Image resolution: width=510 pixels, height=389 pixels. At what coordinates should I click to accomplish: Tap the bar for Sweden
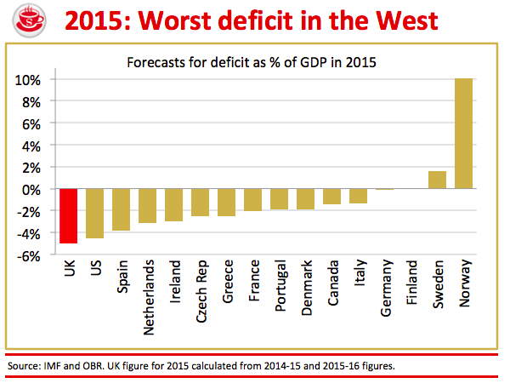click(437, 180)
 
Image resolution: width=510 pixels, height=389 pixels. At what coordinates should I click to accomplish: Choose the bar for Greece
click(226, 203)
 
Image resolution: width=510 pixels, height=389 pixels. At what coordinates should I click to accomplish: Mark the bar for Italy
click(358, 196)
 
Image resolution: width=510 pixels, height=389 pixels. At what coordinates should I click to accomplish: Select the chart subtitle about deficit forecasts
click(252, 62)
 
